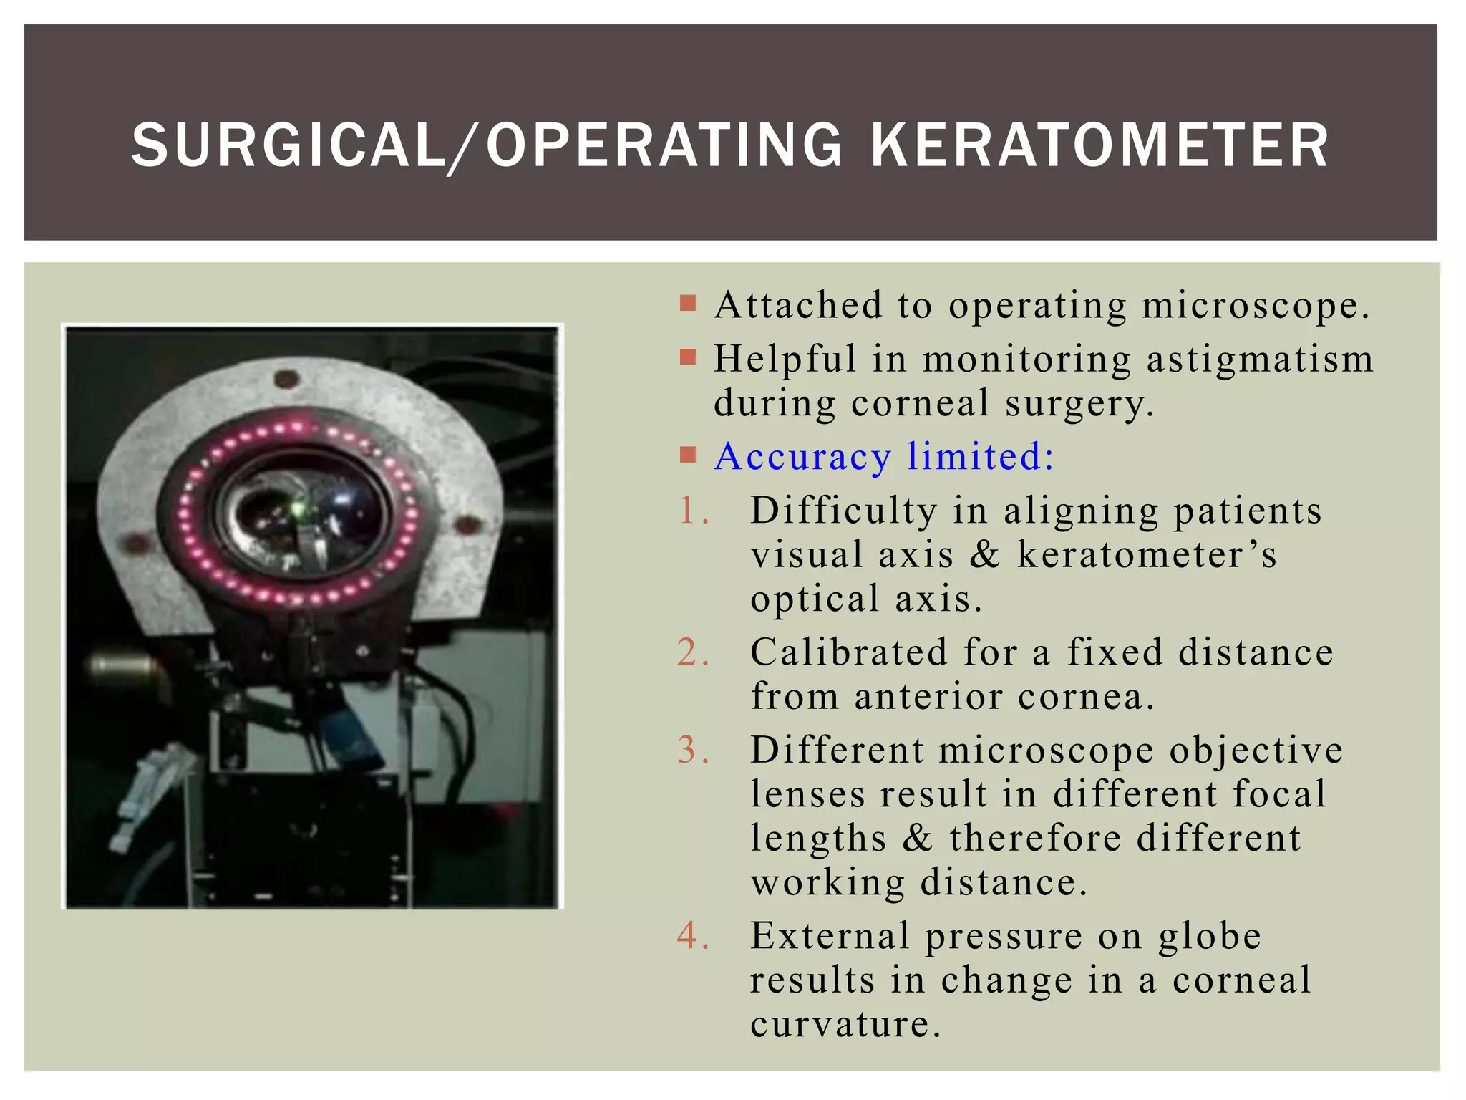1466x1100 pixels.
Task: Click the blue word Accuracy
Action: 802,457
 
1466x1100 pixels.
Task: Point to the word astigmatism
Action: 1260,360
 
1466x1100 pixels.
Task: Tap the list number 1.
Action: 691,511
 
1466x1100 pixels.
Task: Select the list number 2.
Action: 691,652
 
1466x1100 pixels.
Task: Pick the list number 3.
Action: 691,751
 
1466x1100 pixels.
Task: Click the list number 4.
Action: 691,936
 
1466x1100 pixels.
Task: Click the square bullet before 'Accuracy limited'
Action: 688,455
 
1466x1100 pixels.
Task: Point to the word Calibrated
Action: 848,652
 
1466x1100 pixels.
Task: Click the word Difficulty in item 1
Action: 843,511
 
